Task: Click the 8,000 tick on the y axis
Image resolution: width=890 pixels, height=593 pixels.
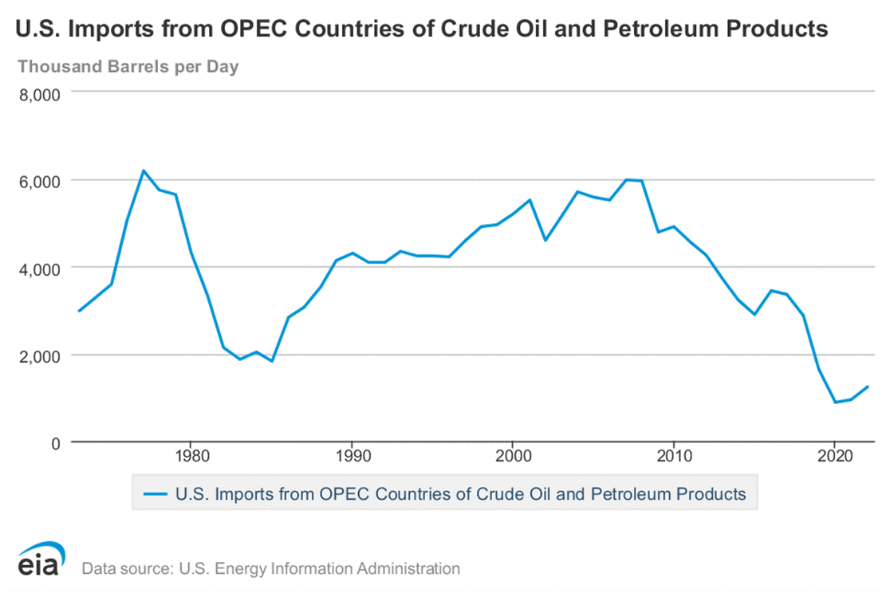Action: pos(39,96)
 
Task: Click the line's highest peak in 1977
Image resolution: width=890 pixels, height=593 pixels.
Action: pos(143,171)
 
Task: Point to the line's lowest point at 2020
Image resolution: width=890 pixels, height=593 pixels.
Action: pos(835,403)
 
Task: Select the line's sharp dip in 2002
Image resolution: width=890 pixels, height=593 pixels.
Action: pos(545,240)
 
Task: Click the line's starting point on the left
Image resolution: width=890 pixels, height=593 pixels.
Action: pos(78,311)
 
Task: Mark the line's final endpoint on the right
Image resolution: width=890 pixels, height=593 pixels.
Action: pos(868,387)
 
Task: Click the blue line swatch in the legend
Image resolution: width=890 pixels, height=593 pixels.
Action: pos(159,494)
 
